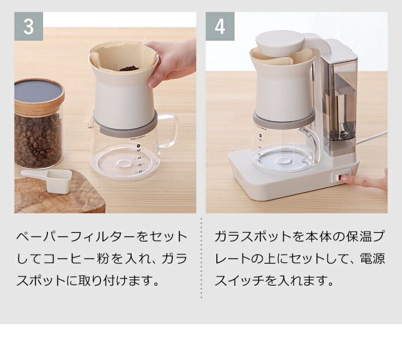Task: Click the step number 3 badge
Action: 28,26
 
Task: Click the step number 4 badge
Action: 220,26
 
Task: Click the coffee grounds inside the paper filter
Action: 130,69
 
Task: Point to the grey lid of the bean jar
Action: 39,91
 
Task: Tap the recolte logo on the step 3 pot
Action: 138,138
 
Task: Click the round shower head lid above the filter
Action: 280,43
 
